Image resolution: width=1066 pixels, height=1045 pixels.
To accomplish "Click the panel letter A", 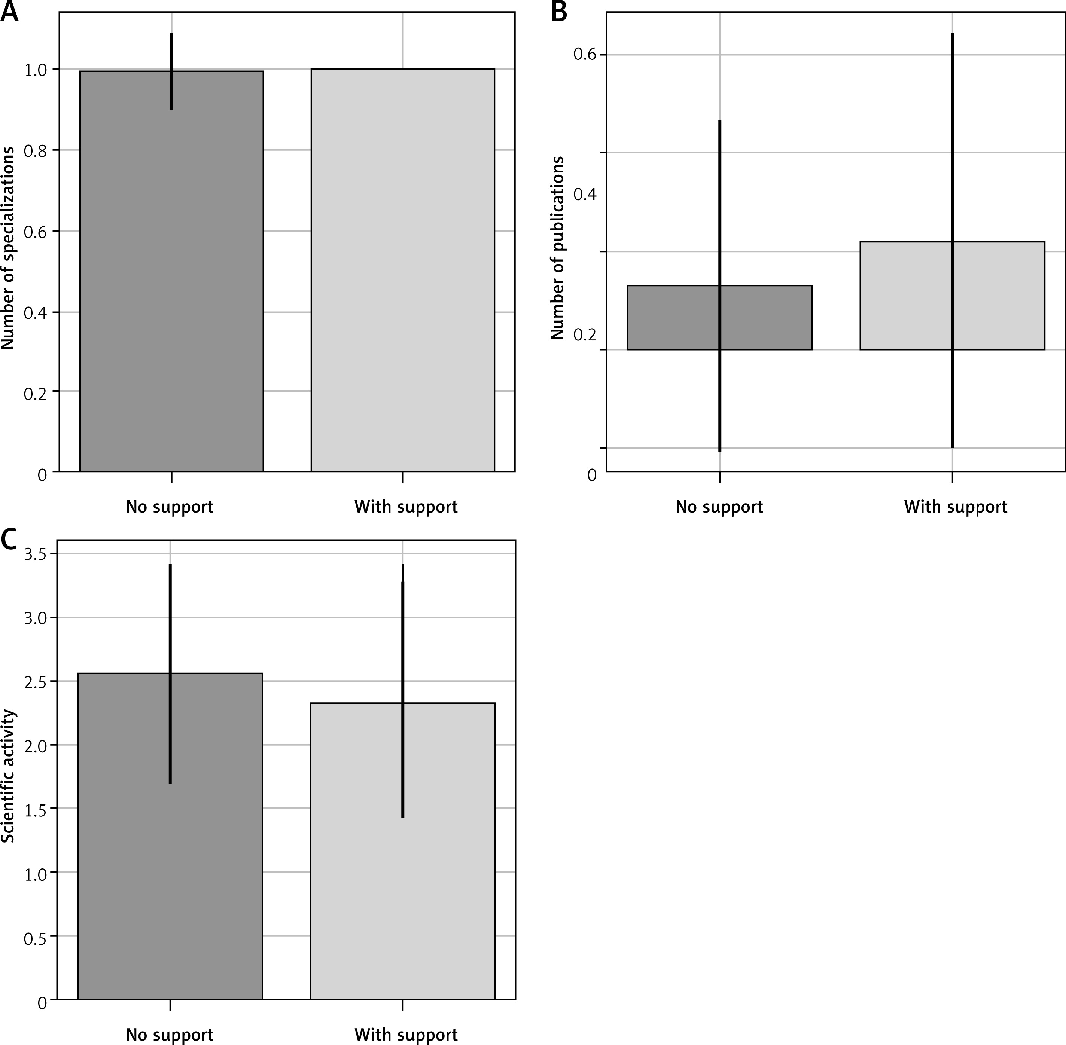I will pyautogui.click(x=9, y=12).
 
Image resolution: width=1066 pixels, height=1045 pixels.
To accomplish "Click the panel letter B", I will pyautogui.click(x=559, y=12).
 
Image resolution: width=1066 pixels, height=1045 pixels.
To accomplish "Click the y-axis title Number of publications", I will pyautogui.click(x=557, y=248).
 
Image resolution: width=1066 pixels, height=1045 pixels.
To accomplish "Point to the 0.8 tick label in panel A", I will pyautogui.click(x=36, y=151).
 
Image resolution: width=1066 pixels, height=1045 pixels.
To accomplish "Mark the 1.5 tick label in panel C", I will pyautogui.click(x=36, y=809).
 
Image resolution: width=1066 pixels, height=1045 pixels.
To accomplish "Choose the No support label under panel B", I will pyautogui.click(x=719, y=507).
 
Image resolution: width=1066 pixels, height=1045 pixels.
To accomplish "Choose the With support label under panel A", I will pyautogui.click(x=406, y=507).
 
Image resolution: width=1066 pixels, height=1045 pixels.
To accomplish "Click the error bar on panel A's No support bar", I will pyautogui.click(x=172, y=71).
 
